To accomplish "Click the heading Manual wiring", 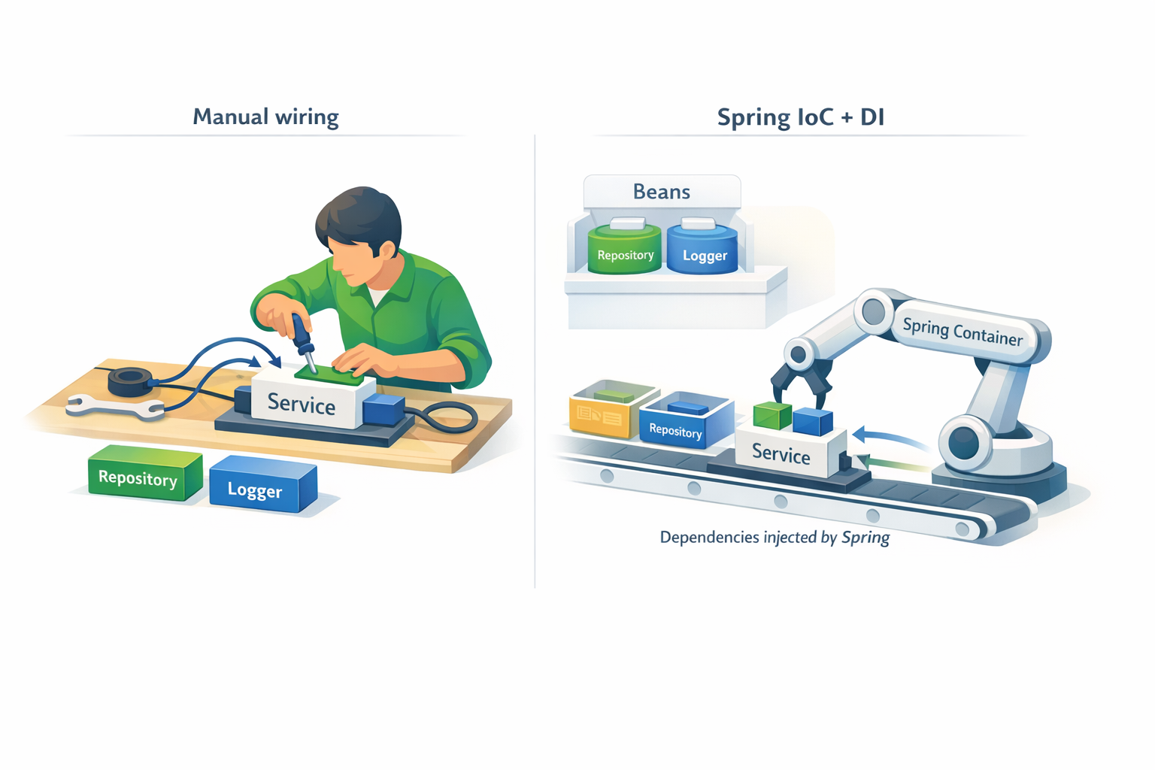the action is (265, 117).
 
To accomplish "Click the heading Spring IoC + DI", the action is (801, 117).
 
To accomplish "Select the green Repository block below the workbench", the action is (145, 473).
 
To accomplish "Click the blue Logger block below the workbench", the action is (263, 484).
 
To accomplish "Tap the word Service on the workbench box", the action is (302, 403).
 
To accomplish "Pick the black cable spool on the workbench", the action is (130, 382).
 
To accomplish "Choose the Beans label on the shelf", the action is (662, 192).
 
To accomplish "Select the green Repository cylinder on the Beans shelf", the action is (624, 249).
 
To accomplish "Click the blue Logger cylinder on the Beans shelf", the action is (702, 250).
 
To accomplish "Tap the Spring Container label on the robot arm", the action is (962, 332).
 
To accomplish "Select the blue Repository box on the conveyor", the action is (685, 420).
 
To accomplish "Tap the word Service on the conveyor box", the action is (781, 453).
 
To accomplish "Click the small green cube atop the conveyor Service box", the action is (772, 416).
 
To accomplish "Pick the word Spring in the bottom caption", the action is (865, 538).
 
